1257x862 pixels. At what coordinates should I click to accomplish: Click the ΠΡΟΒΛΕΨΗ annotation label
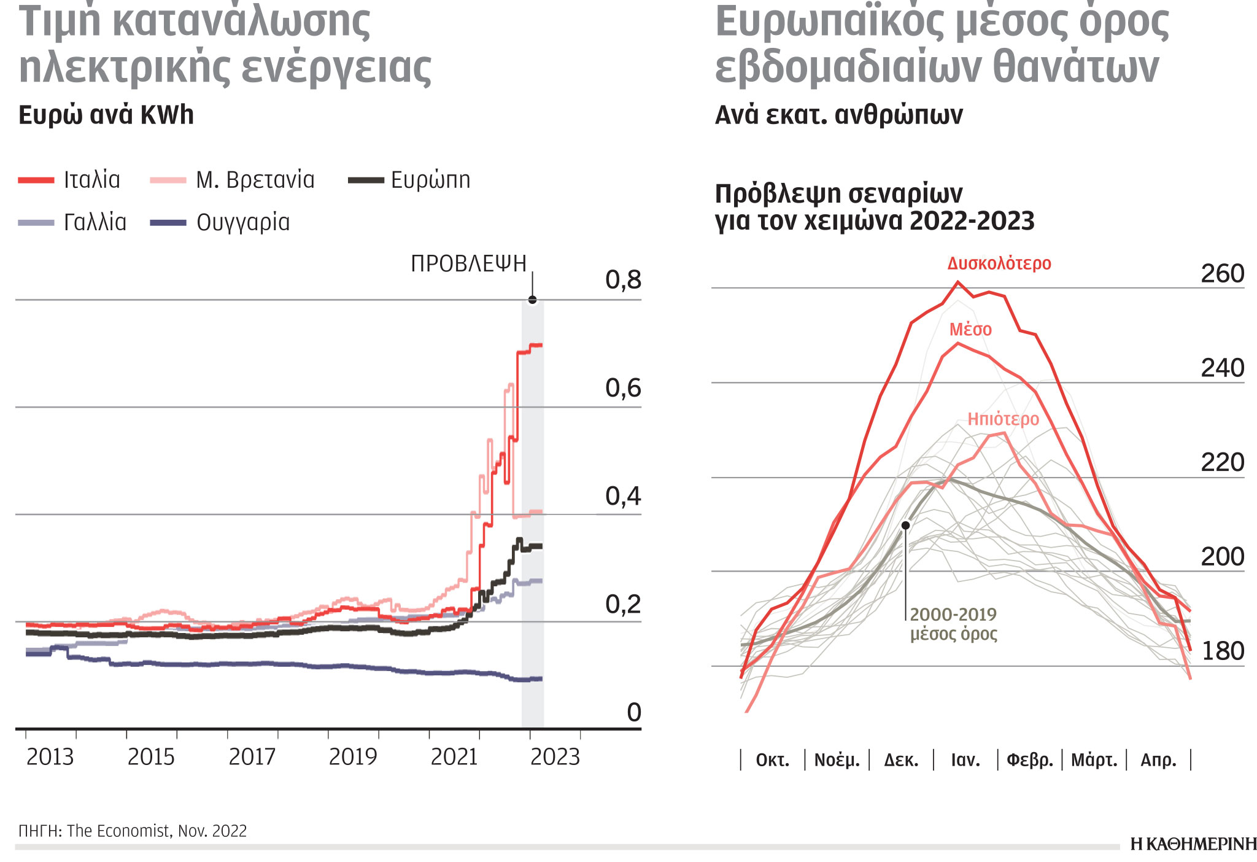(468, 263)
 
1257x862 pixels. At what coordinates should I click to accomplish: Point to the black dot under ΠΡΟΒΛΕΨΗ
(532, 300)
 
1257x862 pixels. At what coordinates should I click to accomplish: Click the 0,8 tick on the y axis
(622, 280)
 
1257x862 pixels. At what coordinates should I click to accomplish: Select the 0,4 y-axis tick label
(622, 496)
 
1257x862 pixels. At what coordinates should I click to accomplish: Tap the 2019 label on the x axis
(352, 757)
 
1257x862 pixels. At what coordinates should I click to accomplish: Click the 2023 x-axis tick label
(555, 757)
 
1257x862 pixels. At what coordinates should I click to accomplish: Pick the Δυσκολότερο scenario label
(999, 263)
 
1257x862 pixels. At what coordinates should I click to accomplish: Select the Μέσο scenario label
(970, 330)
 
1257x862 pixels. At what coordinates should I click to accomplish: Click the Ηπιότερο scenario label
(1003, 419)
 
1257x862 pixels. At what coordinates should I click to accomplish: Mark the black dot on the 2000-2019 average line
(905, 526)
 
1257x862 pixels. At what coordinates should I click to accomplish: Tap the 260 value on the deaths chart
(1222, 274)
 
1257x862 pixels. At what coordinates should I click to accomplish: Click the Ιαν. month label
(965, 761)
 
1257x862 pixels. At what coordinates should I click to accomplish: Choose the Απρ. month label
(1158, 761)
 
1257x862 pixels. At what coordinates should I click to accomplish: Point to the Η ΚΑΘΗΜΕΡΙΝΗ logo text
(1193, 844)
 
